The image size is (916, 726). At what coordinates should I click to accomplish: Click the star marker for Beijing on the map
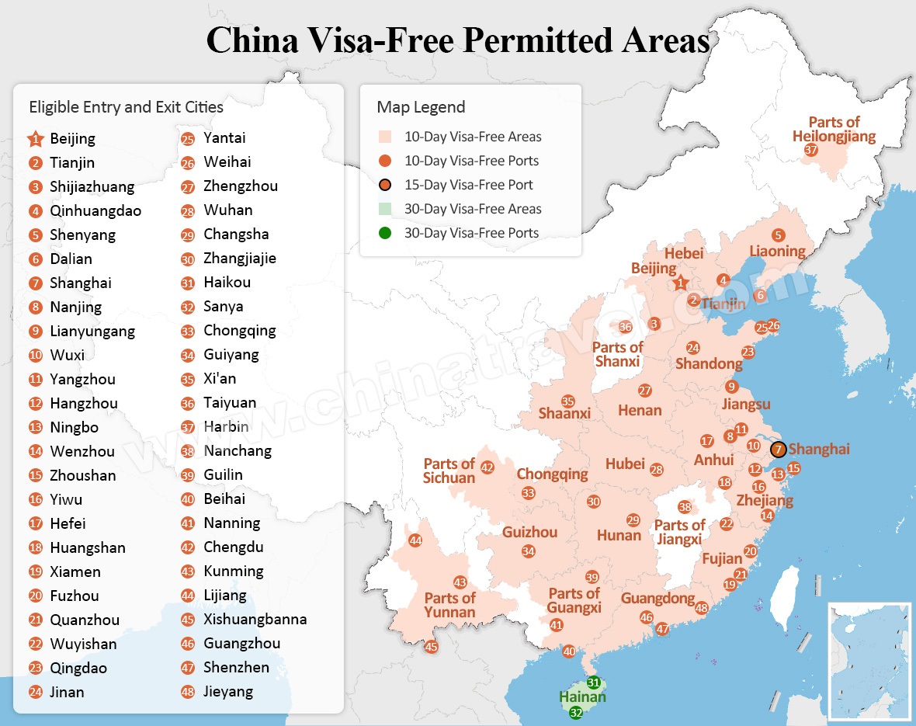coord(681,283)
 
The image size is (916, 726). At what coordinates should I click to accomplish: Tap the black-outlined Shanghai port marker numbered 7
coord(779,450)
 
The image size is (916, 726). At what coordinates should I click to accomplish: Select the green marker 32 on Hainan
coord(575,712)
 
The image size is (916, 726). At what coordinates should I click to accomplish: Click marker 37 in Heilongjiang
coord(811,150)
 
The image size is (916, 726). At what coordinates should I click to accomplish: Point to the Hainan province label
coord(582,697)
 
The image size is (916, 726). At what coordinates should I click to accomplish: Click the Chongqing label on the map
coord(552,474)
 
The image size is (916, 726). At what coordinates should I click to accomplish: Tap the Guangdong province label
coord(658,598)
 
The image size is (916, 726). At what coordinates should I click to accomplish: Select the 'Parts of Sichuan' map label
coord(449,471)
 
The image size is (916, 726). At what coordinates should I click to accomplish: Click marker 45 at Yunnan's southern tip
coord(431,647)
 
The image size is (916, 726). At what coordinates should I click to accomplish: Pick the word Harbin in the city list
coord(226,426)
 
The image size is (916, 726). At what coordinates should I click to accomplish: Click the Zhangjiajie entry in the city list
coord(239,258)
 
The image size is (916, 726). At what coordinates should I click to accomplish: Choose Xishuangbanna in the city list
coord(255,619)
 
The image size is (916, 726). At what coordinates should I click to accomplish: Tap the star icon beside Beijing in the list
coord(35,139)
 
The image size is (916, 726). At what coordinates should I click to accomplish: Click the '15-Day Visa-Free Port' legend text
coord(468,185)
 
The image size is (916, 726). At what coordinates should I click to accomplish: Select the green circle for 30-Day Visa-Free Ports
coord(386,233)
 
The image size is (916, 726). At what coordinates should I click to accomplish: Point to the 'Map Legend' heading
coord(421,107)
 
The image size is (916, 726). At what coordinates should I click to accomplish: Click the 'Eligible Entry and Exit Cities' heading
coord(126,107)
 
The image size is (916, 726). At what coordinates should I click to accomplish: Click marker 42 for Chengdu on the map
coord(487,467)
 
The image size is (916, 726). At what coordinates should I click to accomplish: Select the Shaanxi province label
coord(564,413)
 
